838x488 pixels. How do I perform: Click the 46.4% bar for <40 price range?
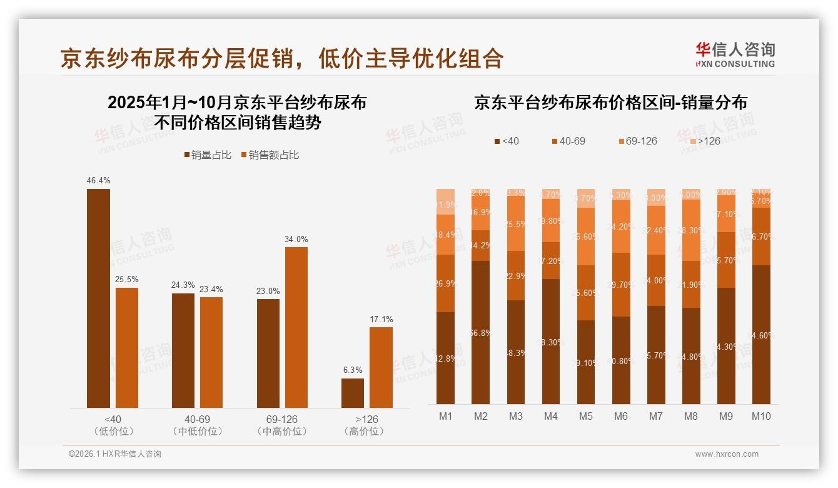[98, 298]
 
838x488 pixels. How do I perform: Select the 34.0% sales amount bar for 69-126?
[296, 327]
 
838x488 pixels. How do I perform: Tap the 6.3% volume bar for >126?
[353, 393]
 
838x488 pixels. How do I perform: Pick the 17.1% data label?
[381, 320]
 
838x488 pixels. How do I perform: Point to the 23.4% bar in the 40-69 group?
[211, 352]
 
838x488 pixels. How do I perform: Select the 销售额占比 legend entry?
[270, 155]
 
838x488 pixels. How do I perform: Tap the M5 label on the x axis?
[585, 417]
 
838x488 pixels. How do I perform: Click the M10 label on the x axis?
[761, 417]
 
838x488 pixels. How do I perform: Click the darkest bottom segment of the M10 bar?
[761, 335]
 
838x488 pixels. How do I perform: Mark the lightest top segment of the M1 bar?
[445, 201]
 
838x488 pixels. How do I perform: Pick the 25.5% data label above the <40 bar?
[127, 279]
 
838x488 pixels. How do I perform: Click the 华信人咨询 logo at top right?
[735, 54]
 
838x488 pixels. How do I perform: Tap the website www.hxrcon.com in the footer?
[727, 454]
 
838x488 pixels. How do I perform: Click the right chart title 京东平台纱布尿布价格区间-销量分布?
[610, 103]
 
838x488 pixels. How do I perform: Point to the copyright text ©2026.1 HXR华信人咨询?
[115, 454]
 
